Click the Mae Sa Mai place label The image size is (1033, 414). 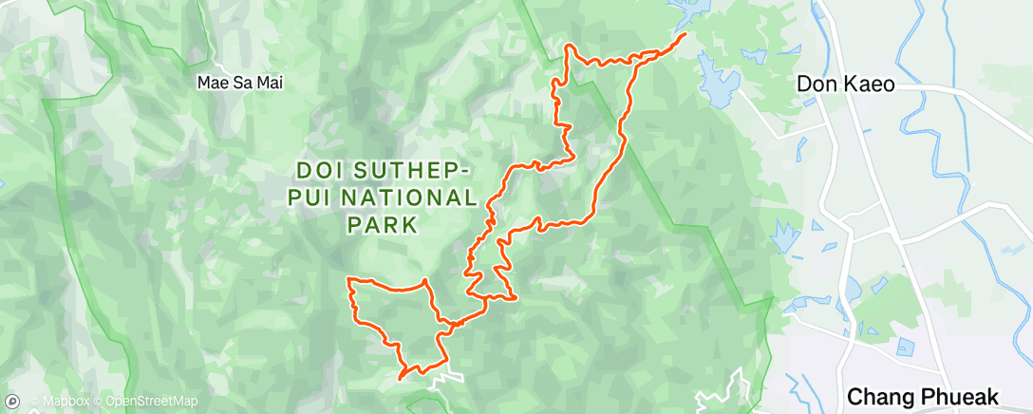239,83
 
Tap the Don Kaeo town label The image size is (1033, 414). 845,85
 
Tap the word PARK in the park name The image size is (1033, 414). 382,226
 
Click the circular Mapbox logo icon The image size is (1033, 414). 12,402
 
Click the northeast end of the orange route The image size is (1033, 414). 686,35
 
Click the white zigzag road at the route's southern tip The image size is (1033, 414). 442,381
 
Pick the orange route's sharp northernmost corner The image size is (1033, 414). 568,46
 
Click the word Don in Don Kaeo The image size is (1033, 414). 816,85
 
